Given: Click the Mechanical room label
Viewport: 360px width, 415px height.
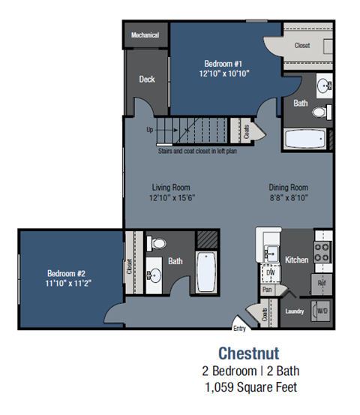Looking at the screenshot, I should pos(145,35).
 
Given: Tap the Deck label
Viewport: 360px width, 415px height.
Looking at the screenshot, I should pos(147,79).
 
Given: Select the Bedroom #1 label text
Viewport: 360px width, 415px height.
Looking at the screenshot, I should pos(223,64).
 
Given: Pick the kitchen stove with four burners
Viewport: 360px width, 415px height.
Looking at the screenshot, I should pos(322,252).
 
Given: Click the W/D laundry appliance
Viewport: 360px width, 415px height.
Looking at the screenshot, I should pos(322,309).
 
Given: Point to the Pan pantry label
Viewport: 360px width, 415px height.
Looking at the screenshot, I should pos(267,289).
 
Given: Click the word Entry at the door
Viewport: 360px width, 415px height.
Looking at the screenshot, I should pos(239,328).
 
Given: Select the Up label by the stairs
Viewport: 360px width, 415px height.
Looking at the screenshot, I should pos(150,129).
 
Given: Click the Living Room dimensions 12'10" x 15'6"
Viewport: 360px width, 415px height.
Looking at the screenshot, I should pos(171,197).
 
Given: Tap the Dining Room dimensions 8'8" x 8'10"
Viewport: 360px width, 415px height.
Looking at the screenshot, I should pos(289,197).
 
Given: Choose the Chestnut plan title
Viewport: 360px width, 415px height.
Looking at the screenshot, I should pos(249,352).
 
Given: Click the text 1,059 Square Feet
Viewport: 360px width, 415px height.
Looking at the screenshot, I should pos(249,387).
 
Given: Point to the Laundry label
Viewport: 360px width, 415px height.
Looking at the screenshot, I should pos(294,310).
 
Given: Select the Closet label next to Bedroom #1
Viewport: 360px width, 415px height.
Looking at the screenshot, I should pos(301,46).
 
